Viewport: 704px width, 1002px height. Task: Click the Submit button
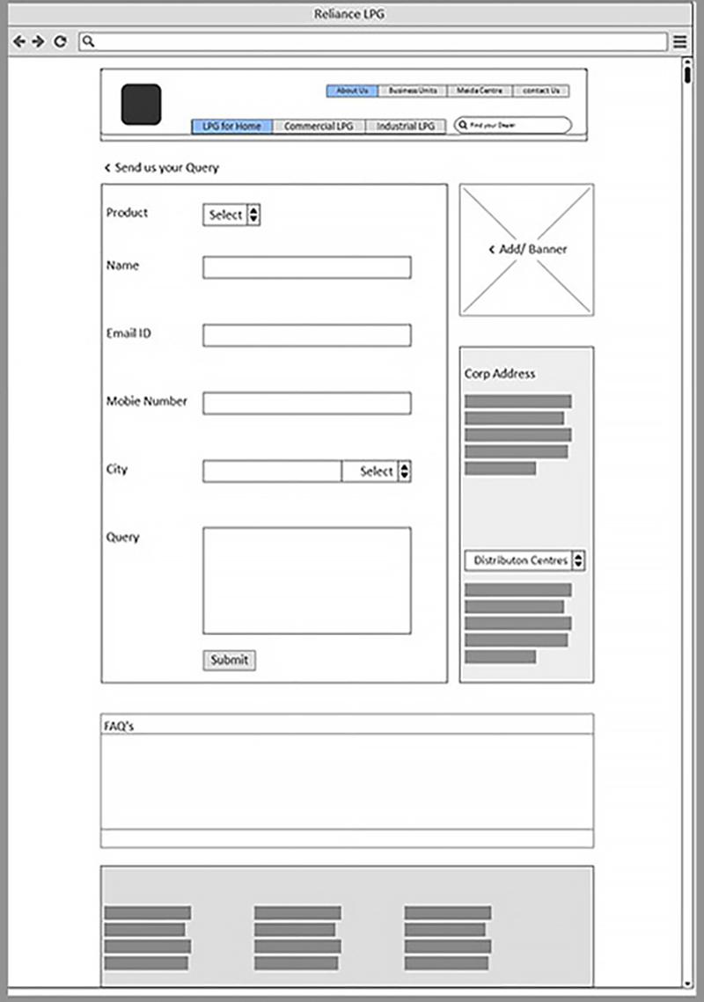(230, 660)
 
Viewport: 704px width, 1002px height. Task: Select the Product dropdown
(231, 215)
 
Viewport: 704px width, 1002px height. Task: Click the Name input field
(306, 267)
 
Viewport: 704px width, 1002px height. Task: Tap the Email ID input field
(306, 335)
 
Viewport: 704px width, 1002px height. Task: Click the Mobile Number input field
(306, 403)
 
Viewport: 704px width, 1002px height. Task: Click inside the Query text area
(306, 580)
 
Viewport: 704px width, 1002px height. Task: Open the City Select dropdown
(377, 472)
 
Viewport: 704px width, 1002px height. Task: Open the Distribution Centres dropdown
(524, 560)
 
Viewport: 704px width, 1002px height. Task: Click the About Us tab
(352, 91)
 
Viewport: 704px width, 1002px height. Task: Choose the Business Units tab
(413, 91)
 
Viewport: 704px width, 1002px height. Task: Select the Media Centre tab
(480, 91)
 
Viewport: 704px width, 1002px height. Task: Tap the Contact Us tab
(541, 91)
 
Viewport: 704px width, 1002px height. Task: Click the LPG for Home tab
(232, 127)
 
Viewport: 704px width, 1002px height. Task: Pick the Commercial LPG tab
(319, 127)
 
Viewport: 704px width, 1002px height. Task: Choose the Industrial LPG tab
(406, 127)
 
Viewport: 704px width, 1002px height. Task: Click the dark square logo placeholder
(141, 104)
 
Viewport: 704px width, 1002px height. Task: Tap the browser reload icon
(60, 41)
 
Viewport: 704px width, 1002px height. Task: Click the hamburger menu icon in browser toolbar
(680, 41)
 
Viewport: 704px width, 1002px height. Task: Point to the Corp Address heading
(500, 374)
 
